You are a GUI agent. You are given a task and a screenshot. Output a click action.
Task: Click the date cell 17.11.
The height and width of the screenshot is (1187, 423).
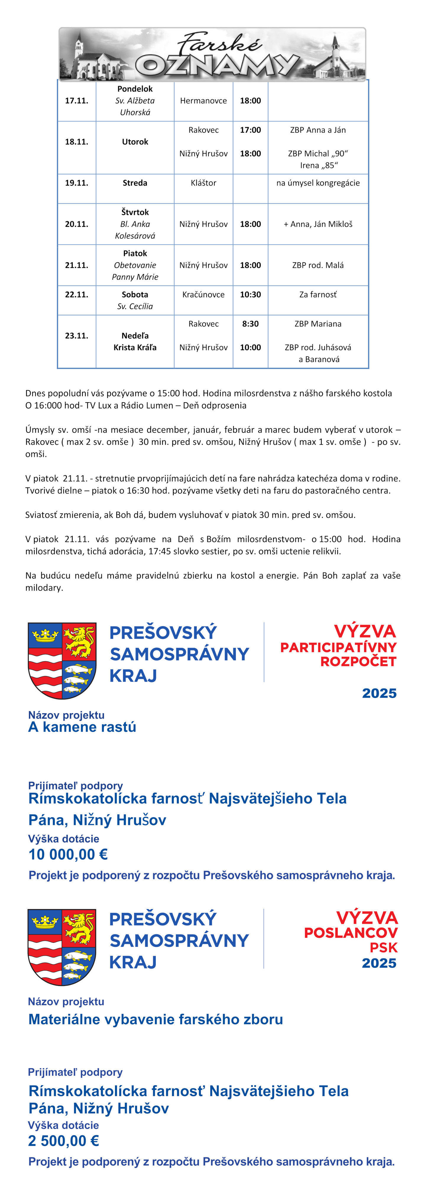tap(76, 100)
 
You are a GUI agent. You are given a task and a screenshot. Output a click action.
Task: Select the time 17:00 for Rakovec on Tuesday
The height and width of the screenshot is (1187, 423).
tap(250, 130)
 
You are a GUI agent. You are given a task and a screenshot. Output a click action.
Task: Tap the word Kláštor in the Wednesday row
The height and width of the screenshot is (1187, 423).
tap(203, 183)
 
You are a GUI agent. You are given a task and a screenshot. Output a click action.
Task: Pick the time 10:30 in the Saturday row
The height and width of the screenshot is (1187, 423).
tap(250, 295)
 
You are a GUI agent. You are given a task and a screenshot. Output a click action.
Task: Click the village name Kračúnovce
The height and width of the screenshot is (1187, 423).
tap(203, 295)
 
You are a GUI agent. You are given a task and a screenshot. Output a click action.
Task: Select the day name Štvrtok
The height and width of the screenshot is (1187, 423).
tap(135, 212)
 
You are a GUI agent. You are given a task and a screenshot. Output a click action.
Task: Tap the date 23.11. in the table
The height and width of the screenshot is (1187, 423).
tap(76, 335)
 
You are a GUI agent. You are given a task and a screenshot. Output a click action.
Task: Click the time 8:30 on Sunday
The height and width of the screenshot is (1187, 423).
tap(250, 324)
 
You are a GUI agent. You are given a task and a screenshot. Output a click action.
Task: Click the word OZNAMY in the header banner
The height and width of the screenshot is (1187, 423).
tap(216, 65)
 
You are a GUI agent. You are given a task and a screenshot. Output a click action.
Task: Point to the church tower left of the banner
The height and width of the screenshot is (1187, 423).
tap(80, 46)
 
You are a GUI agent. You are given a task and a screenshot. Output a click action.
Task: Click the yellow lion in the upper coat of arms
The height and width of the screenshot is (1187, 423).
tap(79, 641)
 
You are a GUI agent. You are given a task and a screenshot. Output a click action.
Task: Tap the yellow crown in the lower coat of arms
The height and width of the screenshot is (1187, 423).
tap(45, 921)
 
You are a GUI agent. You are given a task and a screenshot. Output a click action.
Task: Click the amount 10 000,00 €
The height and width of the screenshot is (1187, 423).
tap(68, 854)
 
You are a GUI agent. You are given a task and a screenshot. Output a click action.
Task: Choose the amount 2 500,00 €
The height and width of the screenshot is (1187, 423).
tap(64, 1141)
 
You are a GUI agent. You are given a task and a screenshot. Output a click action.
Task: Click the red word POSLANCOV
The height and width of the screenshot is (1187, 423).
tap(351, 933)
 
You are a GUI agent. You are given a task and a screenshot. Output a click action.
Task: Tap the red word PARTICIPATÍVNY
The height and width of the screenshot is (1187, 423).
tap(338, 647)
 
